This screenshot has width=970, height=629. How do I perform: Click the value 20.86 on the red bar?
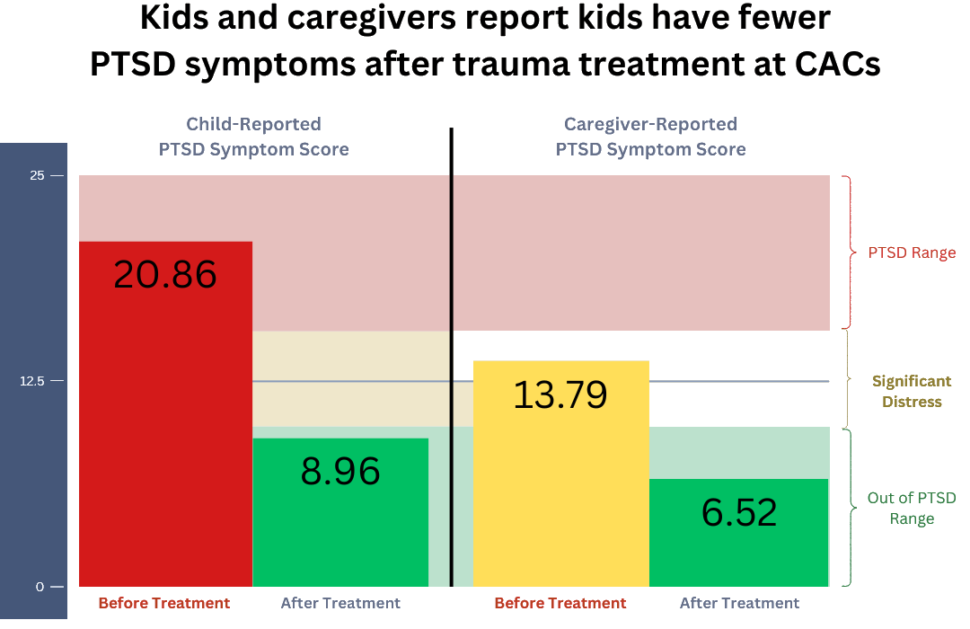(x=165, y=274)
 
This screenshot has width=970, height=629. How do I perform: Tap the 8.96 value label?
(x=340, y=471)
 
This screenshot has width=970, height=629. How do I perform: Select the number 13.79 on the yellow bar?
(x=560, y=394)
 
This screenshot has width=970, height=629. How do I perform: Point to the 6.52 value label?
(x=739, y=512)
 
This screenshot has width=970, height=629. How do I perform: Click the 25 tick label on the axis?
(x=37, y=175)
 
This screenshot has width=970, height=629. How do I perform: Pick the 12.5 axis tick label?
(x=33, y=381)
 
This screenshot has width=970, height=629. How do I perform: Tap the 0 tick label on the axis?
(x=40, y=587)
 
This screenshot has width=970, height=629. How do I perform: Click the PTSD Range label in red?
(x=912, y=253)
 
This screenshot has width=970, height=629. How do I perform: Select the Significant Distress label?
(x=912, y=392)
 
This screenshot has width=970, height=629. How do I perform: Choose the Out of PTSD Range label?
(x=912, y=509)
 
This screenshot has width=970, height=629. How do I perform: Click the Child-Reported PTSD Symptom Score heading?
(x=253, y=137)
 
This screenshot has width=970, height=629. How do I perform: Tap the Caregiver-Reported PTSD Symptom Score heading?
(x=650, y=137)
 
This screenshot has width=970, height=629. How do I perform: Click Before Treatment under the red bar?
(x=164, y=603)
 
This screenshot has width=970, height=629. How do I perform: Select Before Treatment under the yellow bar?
(x=560, y=603)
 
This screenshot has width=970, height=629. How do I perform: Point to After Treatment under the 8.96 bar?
(x=340, y=603)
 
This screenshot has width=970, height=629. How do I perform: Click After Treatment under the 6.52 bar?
(x=739, y=603)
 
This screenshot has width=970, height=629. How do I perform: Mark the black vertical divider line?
(x=451, y=359)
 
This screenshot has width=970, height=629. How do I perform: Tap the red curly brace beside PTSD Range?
(x=846, y=252)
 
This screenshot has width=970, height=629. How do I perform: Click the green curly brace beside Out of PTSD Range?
(x=846, y=507)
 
